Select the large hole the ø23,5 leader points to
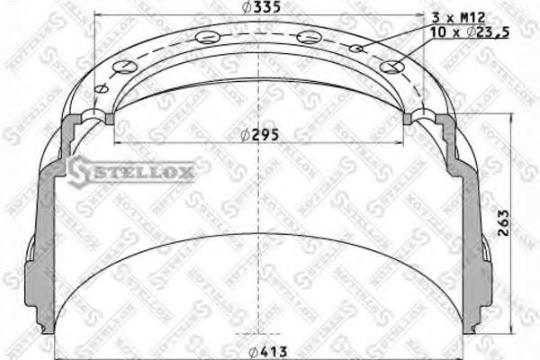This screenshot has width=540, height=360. (x=391, y=66)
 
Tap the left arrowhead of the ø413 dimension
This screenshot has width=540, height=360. (x=58, y=351)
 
